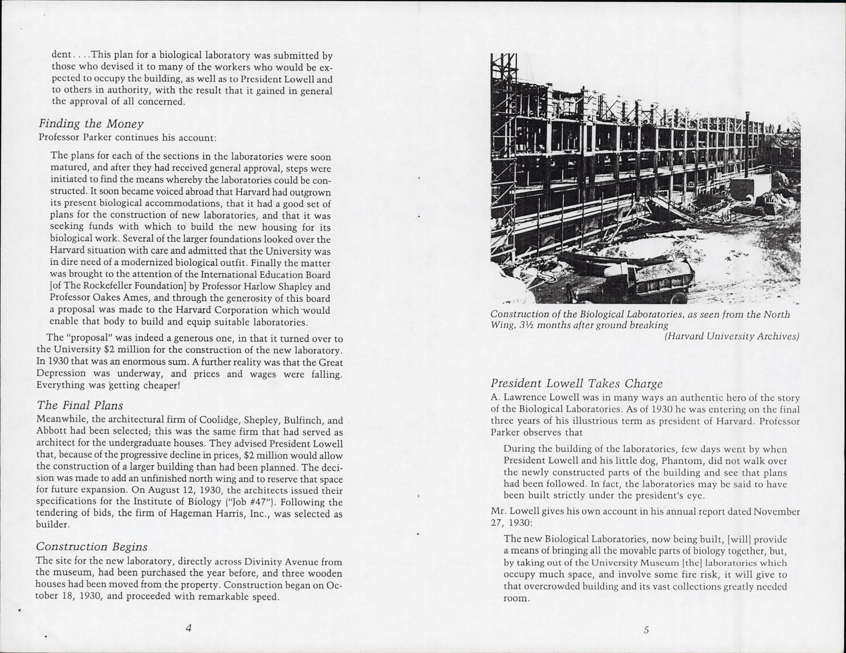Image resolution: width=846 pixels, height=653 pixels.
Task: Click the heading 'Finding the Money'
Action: tap(91, 124)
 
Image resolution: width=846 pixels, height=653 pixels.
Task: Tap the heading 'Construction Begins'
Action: tap(91, 547)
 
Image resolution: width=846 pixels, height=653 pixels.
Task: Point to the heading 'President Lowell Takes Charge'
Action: tap(576, 384)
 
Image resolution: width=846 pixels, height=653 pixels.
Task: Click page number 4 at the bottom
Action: tap(188, 629)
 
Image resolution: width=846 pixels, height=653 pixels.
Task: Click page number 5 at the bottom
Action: tap(646, 630)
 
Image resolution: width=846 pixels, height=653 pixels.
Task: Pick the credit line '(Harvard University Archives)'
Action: tap(732, 337)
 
